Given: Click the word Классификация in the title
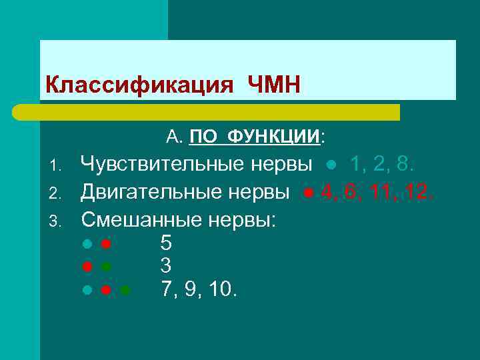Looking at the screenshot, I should (x=139, y=85).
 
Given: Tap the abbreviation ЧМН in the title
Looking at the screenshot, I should (x=273, y=85).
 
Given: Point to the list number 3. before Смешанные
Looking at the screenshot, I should (x=57, y=221).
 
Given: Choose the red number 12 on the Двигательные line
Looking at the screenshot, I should (x=421, y=193).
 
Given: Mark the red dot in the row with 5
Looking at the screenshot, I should (x=105, y=243).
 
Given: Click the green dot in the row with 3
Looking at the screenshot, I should (x=105, y=267).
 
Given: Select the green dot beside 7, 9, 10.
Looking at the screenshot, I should (x=125, y=290).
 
